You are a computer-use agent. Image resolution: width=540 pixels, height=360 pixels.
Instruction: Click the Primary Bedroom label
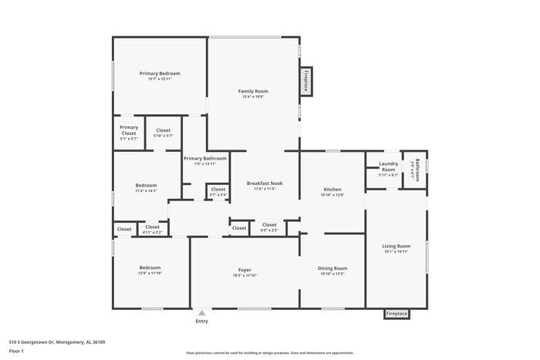(x=160, y=73)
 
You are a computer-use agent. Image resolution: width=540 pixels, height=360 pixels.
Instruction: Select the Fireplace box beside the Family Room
(x=305, y=80)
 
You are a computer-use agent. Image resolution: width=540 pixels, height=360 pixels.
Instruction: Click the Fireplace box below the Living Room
(x=397, y=314)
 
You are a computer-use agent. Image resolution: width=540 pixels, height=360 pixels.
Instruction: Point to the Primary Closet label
(x=129, y=130)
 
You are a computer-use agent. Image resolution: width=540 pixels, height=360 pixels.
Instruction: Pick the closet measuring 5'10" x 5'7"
(x=164, y=131)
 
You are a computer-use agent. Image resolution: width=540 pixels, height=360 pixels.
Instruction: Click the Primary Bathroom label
(x=205, y=159)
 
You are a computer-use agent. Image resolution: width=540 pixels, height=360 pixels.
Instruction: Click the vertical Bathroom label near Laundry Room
(x=417, y=169)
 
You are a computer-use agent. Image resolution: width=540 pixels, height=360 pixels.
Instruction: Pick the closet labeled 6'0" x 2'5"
(x=268, y=225)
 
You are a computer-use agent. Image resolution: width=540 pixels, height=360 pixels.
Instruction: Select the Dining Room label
(x=332, y=268)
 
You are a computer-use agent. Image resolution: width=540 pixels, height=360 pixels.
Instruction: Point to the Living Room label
(x=396, y=246)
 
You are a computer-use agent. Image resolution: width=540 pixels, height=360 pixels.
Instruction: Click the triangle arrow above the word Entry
(x=201, y=313)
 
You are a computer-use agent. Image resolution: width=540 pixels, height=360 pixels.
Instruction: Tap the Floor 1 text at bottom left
(x=16, y=352)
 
